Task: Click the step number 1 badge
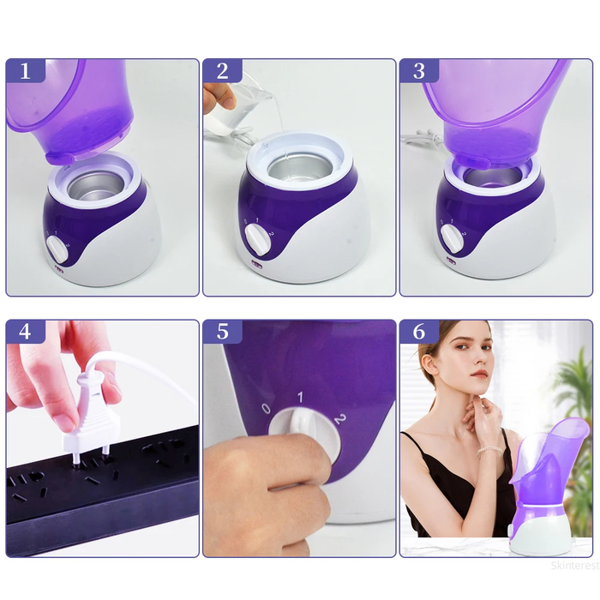click(26, 71)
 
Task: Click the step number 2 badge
click(222, 71)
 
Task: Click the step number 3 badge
click(419, 71)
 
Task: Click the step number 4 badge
click(26, 332)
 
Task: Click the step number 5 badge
click(222, 332)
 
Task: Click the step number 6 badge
click(419, 332)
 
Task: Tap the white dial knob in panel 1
click(58, 249)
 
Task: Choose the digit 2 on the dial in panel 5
click(339, 418)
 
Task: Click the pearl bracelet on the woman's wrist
click(489, 450)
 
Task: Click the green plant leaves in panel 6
click(575, 403)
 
